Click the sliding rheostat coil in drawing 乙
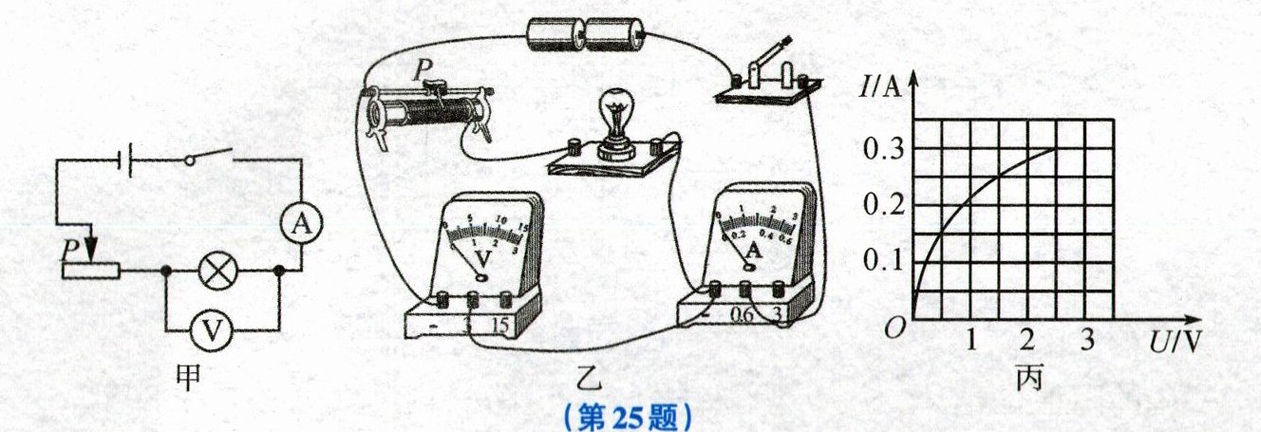[x=427, y=111]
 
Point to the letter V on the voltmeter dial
[x=483, y=256]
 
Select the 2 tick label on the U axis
[x=1026, y=339]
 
